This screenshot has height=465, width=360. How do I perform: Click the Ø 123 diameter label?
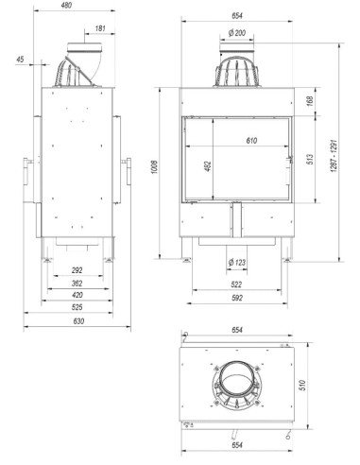point(239,262)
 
